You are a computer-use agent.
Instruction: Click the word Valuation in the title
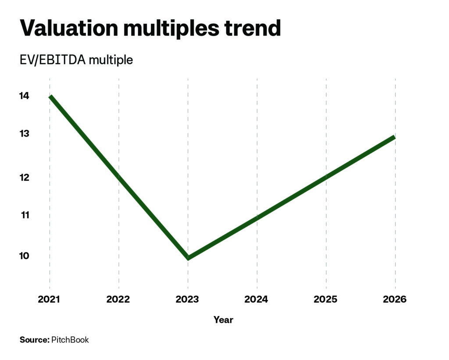click(69, 28)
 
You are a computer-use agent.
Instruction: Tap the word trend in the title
click(252, 28)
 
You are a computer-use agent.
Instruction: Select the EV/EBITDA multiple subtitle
click(76, 60)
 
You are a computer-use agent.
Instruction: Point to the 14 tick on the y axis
click(25, 96)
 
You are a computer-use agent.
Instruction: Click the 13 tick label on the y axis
click(25, 133)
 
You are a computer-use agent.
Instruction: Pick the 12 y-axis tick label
click(25, 178)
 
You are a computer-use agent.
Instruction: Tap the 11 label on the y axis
click(25, 215)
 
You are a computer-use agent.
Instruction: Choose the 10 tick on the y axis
click(25, 256)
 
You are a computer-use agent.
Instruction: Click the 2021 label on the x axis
click(49, 299)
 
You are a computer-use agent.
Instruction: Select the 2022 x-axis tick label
click(118, 299)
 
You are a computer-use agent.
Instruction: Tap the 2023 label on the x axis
click(187, 299)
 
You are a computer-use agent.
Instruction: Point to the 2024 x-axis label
click(256, 299)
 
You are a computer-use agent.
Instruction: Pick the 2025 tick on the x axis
click(326, 299)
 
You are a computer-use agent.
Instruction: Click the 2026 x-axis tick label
click(395, 299)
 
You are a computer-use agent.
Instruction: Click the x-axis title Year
click(223, 320)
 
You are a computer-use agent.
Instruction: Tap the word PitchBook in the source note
click(70, 340)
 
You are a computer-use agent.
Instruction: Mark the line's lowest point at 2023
click(188, 258)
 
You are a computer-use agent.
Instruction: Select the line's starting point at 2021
click(50, 96)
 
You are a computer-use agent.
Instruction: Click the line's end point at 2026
click(395, 137)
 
